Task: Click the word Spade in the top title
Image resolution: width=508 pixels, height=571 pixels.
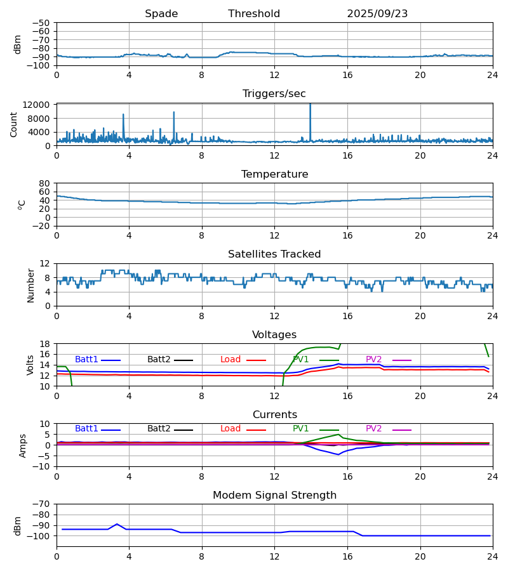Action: (161, 14)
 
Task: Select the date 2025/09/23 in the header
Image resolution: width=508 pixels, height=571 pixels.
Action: (377, 14)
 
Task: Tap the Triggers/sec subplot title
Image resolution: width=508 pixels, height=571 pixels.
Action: (274, 94)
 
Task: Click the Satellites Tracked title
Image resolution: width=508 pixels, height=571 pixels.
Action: (274, 254)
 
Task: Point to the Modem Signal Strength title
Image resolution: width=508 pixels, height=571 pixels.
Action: (274, 496)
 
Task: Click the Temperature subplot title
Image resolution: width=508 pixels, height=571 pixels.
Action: (274, 174)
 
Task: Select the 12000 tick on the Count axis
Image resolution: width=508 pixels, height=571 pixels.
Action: (39, 105)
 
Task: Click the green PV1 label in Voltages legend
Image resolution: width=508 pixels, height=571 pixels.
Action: (300, 360)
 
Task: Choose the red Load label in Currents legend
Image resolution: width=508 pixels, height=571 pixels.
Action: (231, 429)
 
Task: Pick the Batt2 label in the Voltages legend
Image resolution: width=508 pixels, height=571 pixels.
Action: (159, 360)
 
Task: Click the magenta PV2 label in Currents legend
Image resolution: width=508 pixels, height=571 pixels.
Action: (373, 429)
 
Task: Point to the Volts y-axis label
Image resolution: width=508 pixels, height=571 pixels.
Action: (30, 365)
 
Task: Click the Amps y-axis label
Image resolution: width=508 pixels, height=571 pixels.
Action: (23, 445)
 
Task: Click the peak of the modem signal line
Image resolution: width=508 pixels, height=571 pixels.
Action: (117, 524)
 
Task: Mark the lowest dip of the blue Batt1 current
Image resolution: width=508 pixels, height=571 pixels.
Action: (338, 454)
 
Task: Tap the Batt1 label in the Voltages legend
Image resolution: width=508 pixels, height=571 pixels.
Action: (86, 360)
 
